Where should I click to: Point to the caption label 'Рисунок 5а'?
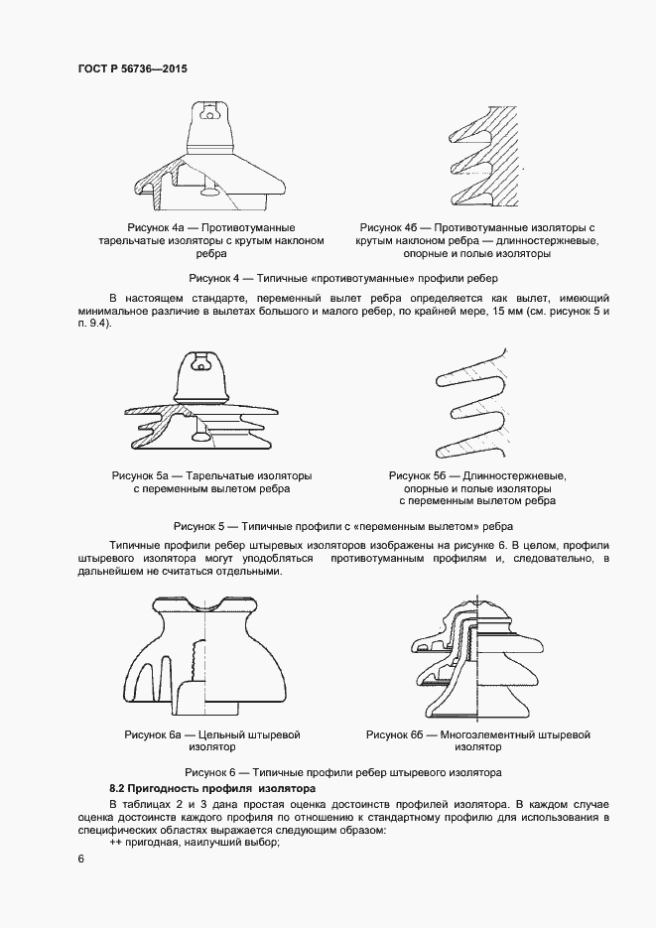pos(142,475)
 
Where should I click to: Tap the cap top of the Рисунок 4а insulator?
pos(211,106)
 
